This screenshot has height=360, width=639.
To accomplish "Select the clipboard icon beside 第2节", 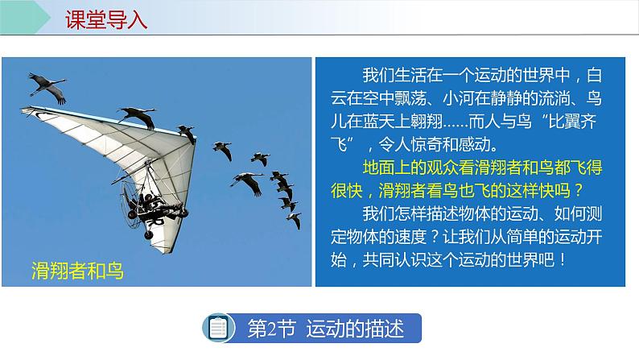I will point(219,329).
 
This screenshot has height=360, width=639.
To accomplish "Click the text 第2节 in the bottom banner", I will point(270,329).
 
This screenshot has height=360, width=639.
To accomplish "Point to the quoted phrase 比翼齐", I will point(567,125).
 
